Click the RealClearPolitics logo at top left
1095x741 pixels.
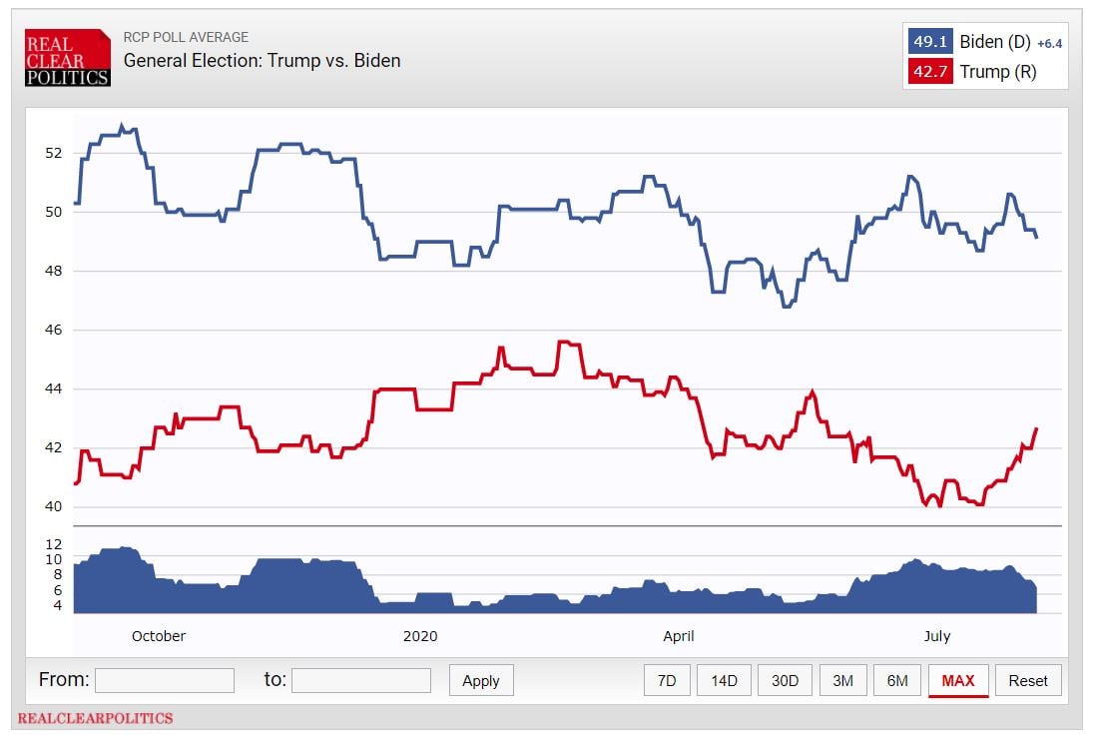click(67, 57)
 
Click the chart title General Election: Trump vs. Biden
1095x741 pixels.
click(262, 61)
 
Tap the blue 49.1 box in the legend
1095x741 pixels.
click(929, 42)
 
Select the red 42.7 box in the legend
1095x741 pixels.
click(929, 72)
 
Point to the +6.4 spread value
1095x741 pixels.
click(1048, 44)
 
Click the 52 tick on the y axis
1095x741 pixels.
click(52, 153)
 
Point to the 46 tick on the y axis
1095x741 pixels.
click(52, 330)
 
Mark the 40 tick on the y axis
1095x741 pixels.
click(52, 506)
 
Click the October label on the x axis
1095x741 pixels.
click(159, 636)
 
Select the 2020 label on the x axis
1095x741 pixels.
click(420, 636)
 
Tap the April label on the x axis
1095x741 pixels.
click(678, 636)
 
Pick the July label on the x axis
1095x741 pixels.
click(936, 636)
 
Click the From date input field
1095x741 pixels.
click(164, 680)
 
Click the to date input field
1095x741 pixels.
click(360, 680)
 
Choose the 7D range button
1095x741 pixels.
click(666, 680)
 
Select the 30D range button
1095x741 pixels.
click(785, 680)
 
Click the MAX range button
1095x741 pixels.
click(957, 680)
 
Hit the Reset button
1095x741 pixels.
click(1027, 680)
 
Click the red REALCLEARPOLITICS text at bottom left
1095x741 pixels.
click(95, 718)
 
